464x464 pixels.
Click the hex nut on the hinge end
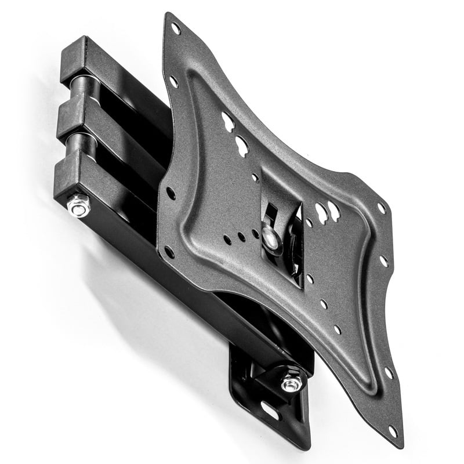(78, 205)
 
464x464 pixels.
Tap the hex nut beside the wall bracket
(292, 383)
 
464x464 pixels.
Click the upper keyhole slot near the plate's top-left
(228, 121)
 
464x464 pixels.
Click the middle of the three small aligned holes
(241, 237)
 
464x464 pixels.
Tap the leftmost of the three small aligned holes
(227, 240)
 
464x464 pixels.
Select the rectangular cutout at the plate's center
(281, 226)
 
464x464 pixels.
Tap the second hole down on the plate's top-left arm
(173, 82)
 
